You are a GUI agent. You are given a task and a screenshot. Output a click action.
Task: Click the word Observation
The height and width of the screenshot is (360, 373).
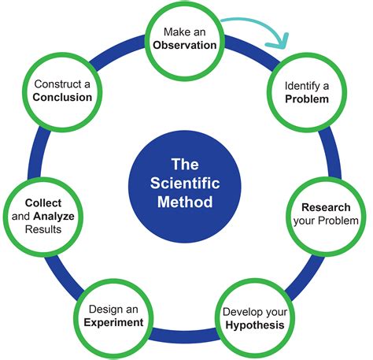pyautogui.click(x=185, y=45)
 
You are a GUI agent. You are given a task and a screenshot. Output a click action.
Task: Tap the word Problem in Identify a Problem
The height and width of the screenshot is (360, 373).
pyautogui.click(x=307, y=99)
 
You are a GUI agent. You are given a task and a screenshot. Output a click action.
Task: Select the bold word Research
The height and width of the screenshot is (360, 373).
pyautogui.click(x=326, y=207)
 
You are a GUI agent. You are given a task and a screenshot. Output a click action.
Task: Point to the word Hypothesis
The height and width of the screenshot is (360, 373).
pyautogui.click(x=255, y=325)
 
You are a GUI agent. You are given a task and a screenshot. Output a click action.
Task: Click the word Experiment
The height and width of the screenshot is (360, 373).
pyautogui.click(x=113, y=323)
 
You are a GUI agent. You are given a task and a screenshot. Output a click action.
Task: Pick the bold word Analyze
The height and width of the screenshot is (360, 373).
pyautogui.click(x=54, y=217)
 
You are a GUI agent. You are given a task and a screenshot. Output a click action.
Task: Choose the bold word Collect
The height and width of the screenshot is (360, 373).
pyautogui.click(x=43, y=203)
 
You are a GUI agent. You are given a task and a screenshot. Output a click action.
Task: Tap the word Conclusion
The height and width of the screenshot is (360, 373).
pyautogui.click(x=62, y=98)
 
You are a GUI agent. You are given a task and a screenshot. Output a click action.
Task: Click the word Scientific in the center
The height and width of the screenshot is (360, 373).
pyautogui.click(x=185, y=183)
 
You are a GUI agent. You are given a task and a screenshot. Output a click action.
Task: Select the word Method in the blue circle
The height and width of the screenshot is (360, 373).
pyautogui.click(x=185, y=202)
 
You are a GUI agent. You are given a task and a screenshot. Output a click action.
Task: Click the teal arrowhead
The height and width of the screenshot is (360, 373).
pyautogui.click(x=279, y=41)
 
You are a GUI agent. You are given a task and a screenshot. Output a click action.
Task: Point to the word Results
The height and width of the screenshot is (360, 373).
pyautogui.click(x=43, y=229)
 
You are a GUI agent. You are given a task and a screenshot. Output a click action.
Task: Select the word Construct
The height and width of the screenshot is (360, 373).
pyautogui.click(x=58, y=84)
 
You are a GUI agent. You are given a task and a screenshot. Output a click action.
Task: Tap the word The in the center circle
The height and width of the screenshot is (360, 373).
pyautogui.click(x=185, y=165)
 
